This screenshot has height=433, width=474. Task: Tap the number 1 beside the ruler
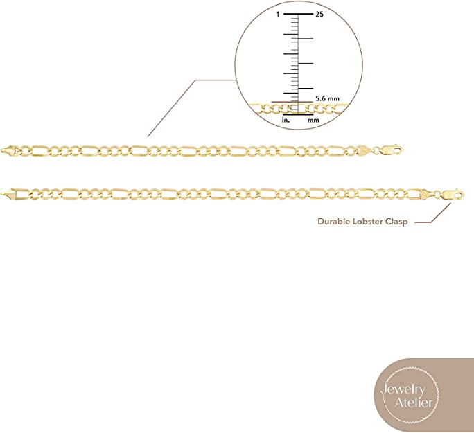point(278,14)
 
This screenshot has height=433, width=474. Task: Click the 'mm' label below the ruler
point(313,120)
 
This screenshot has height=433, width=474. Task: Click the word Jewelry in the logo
point(403,389)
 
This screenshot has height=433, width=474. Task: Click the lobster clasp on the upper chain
point(389,149)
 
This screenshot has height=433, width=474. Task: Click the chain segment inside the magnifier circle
point(270,108)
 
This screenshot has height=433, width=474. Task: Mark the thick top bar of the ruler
point(297,14)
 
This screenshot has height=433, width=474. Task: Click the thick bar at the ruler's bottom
point(298,114)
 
